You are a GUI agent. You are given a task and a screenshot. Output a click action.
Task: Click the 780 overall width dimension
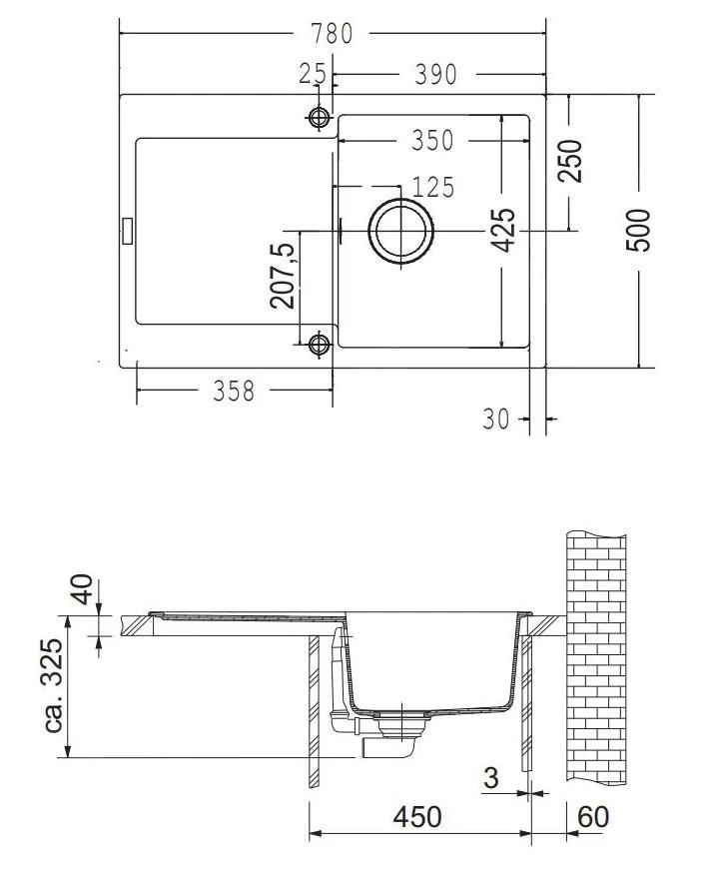pos(332,34)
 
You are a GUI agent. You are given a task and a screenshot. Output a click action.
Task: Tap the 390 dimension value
pos(436,74)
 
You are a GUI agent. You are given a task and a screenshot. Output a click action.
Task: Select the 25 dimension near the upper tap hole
pos(313,74)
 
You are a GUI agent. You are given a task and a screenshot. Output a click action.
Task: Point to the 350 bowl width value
pos(432,140)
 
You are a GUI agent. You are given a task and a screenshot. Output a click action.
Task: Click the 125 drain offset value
pos(432,187)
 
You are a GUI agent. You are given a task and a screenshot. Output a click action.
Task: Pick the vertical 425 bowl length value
pos(502,230)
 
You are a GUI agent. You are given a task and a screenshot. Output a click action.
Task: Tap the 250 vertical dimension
pos(570,161)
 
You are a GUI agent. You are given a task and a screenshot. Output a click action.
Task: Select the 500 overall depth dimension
pos(639,231)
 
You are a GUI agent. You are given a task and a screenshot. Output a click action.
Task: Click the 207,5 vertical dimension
pos(282,276)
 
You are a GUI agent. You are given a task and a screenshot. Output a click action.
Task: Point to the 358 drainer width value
pos(234,391)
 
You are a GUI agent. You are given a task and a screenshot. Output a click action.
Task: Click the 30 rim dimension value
pos(495,419)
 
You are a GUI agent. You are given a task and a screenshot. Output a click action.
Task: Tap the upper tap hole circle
pos(319,117)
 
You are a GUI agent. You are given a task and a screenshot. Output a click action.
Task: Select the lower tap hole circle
pos(319,343)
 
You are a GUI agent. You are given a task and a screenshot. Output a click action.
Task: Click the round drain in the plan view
pos(400,231)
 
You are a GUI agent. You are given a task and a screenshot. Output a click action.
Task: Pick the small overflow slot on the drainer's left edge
pos(127,231)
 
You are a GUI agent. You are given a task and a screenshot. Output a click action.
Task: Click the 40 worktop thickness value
pos(83,589)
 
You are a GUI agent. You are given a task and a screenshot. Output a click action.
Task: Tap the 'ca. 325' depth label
pos(54,685)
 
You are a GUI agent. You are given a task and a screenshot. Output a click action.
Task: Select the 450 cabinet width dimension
pos(417,817)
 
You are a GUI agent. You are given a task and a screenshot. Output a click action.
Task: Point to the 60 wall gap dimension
pos(593,817)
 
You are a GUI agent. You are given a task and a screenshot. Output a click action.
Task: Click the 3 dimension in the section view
pos(491,778)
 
